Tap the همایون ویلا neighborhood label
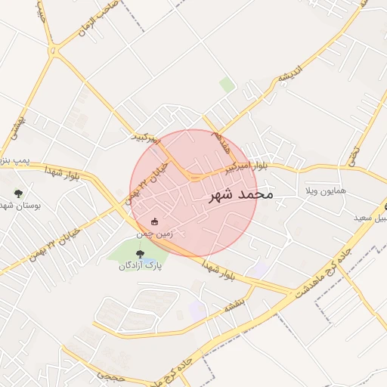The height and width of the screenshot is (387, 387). (325, 190)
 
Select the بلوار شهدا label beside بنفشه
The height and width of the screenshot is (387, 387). (219, 271)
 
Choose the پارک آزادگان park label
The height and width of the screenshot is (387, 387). (140, 265)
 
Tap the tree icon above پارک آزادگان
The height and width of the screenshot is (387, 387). (138, 252)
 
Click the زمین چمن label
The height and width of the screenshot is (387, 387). (154, 234)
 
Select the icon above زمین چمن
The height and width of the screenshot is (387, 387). (155, 221)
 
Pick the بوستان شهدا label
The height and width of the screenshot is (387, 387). (18, 206)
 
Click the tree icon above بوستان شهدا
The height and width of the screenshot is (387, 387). (18, 193)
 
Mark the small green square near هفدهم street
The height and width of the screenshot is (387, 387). (227, 85)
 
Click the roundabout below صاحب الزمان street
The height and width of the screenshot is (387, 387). (55, 48)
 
